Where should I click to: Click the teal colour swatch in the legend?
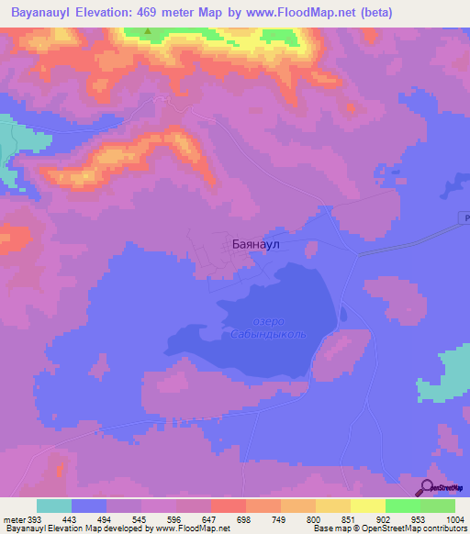54,506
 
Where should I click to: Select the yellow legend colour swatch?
367,506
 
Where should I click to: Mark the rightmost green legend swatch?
438,506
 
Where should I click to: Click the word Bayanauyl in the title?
46,13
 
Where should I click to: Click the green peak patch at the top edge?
150,30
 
